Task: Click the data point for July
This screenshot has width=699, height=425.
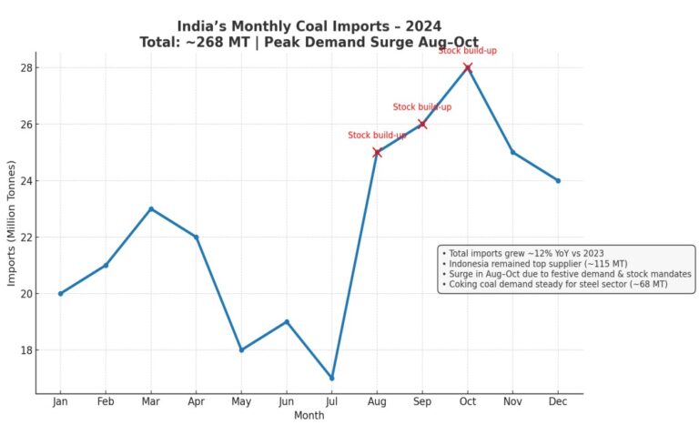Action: (x=331, y=378)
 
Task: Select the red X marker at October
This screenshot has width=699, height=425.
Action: (x=467, y=67)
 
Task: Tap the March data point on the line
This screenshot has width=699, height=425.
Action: (x=151, y=208)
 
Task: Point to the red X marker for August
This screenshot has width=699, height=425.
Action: (x=377, y=152)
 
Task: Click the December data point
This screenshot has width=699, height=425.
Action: (x=558, y=180)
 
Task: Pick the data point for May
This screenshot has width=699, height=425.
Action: (x=241, y=349)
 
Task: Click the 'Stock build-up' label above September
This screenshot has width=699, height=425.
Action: (x=421, y=107)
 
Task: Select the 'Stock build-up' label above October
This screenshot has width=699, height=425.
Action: (x=467, y=51)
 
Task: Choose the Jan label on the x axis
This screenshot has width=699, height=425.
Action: (x=60, y=401)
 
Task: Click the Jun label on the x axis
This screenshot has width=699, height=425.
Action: (x=286, y=401)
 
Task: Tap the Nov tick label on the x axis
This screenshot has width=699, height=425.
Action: (x=512, y=401)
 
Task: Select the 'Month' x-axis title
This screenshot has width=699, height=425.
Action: (x=309, y=415)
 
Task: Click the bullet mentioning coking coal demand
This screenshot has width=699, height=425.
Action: (x=553, y=284)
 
